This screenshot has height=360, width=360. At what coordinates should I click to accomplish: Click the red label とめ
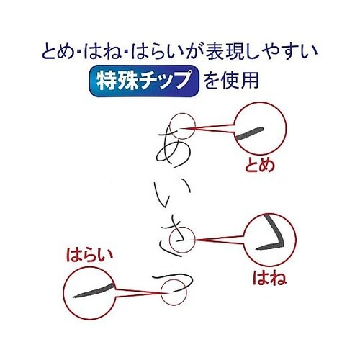tap(261, 164)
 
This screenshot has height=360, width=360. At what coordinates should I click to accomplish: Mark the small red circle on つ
tap(171, 291)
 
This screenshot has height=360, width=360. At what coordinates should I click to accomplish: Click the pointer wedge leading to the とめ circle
tap(213, 130)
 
